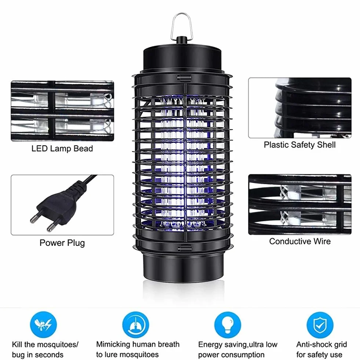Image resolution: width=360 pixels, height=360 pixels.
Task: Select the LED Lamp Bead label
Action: point(62,149)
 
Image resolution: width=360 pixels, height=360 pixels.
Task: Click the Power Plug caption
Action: point(62,243)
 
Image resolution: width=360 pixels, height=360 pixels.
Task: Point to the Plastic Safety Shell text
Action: point(299,145)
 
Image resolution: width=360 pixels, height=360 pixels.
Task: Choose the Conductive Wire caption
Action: point(300,241)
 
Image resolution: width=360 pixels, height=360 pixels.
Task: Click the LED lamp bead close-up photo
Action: point(62,111)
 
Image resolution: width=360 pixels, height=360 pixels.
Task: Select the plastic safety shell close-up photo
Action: point(299,108)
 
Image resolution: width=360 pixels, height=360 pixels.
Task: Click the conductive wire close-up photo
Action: point(299,204)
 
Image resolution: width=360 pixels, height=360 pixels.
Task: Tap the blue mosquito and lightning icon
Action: point(43,325)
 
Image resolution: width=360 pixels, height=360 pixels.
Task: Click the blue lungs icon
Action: point(135,325)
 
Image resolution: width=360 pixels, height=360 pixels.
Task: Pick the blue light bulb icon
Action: point(228,325)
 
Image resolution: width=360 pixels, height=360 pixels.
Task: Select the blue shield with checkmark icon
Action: point(320,325)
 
